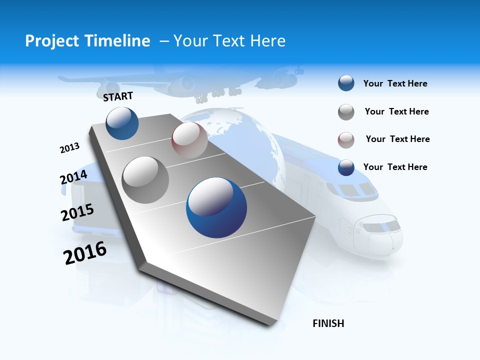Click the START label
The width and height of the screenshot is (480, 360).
[118, 96]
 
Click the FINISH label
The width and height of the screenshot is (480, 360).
[328, 323]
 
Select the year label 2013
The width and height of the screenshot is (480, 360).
[69, 148]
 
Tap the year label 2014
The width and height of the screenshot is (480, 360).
[73, 177]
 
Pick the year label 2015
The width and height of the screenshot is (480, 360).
[77, 212]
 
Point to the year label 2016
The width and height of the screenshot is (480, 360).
[85, 252]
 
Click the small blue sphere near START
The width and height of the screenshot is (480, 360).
[122, 123]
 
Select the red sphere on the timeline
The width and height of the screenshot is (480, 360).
[189, 140]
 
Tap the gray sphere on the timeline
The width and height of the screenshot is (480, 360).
[145, 179]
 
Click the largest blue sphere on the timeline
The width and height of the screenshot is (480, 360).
[216, 208]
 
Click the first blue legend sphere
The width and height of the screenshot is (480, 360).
[346, 83]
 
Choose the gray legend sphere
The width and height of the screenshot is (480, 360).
[346, 112]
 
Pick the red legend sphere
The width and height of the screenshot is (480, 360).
[346, 139]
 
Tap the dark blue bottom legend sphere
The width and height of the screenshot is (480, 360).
[346, 167]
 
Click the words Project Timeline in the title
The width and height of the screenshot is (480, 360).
[87, 41]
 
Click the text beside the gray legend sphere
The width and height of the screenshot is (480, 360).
[396, 111]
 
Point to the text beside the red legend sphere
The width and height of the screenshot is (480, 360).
[397, 139]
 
